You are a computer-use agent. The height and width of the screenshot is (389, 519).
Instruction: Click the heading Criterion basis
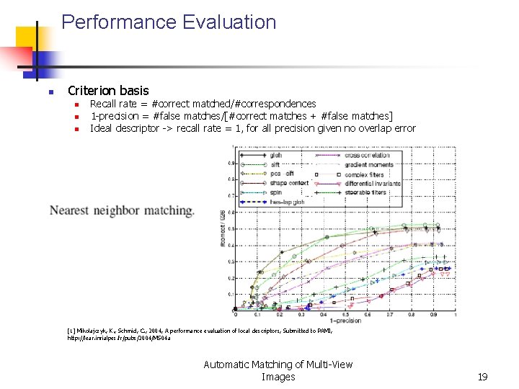[x=108, y=91]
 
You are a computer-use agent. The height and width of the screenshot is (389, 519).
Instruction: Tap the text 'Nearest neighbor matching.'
[x=121, y=211]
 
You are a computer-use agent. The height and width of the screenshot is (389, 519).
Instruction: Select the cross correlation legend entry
[x=367, y=155]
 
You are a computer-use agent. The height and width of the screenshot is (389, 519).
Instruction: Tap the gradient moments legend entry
[x=369, y=164]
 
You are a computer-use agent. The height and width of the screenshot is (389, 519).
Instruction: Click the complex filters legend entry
[x=364, y=174]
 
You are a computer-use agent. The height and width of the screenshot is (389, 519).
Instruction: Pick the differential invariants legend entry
[x=371, y=183]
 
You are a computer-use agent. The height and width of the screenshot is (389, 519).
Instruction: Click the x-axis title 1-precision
[x=346, y=321]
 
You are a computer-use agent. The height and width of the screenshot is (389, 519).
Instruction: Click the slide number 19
[x=482, y=377]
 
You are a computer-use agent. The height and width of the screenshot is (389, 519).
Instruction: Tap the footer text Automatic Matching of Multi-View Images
[x=278, y=370]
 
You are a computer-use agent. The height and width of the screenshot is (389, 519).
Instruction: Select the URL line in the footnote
[x=119, y=338]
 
